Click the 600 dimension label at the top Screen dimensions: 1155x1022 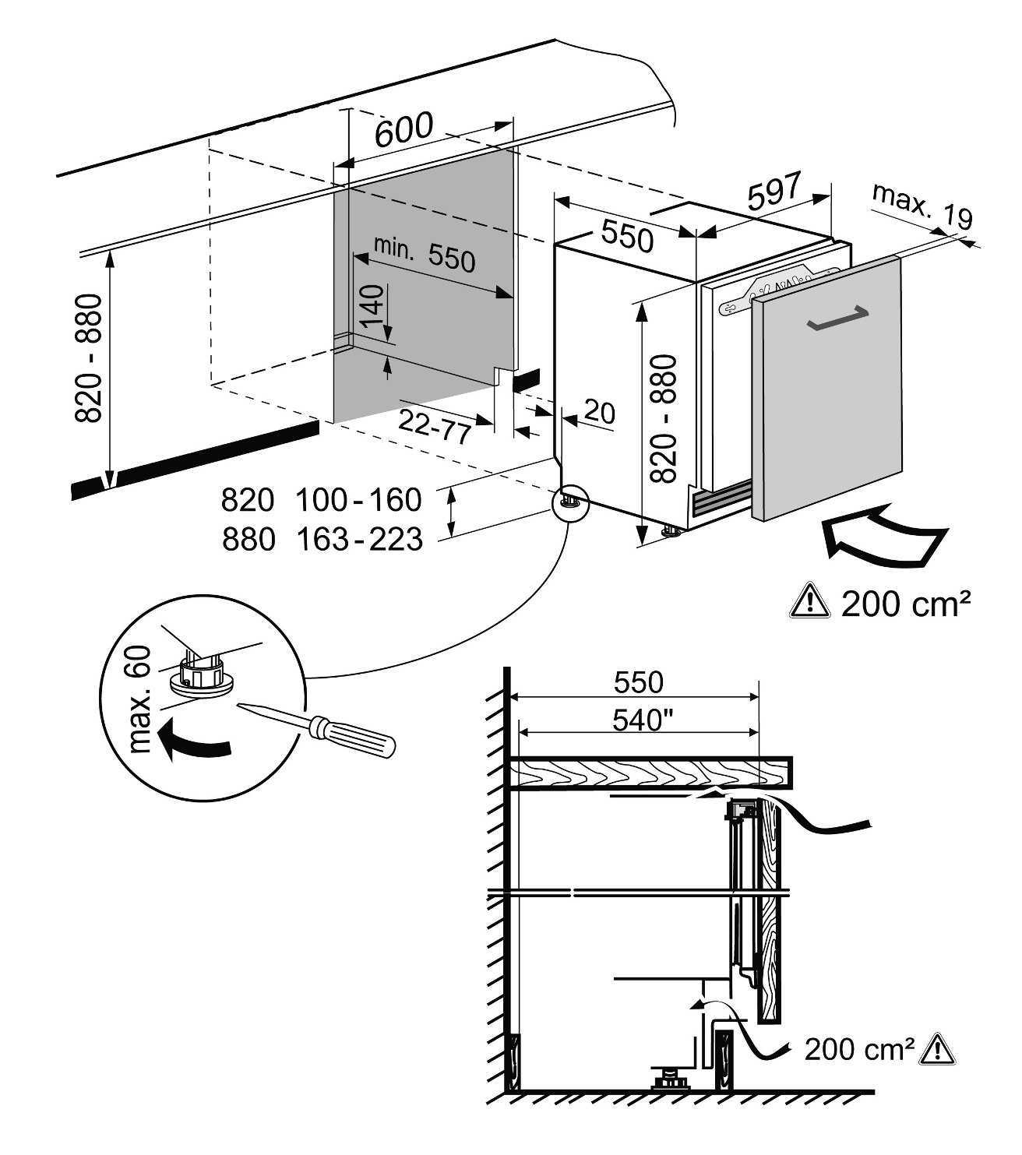pyautogui.click(x=403, y=130)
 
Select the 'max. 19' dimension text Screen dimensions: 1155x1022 pyautogui.click(x=922, y=206)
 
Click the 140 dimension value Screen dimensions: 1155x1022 pyautogui.click(x=373, y=306)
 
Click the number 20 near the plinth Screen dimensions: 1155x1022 pyautogui.click(x=599, y=412)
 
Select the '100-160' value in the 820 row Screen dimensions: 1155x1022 pyautogui.click(x=358, y=499)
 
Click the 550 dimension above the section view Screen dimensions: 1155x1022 pyautogui.click(x=638, y=682)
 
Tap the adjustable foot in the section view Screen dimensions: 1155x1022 pyautogui.click(x=667, y=1081)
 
